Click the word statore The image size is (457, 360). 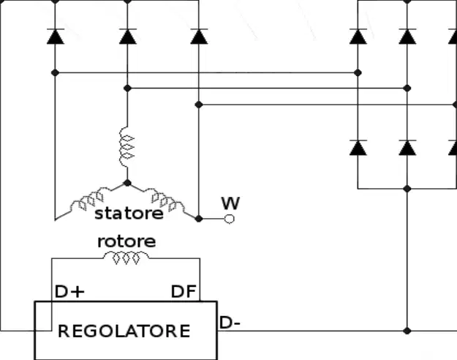[x=129, y=214]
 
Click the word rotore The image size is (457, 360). [x=126, y=241]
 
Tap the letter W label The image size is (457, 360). [x=230, y=203]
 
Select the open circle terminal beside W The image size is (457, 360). [x=230, y=219]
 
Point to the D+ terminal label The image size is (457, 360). [x=69, y=291]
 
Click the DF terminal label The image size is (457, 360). [x=184, y=291]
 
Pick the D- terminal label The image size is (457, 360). [x=230, y=323]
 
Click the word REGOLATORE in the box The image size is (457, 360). [x=124, y=331]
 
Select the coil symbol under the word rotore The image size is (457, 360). [x=126, y=258]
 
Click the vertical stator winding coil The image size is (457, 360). [x=127, y=147]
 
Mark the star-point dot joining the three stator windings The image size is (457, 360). [x=127, y=183]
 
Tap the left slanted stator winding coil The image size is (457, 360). [x=88, y=199]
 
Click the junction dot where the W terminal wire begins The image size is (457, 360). [x=198, y=219]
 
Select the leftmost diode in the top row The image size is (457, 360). [x=55, y=36]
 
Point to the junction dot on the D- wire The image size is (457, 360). [x=407, y=331]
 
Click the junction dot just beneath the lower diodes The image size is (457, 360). [x=407, y=189]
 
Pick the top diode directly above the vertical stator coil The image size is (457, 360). [x=127, y=36]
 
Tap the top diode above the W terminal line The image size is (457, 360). [x=199, y=36]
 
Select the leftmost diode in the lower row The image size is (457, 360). [x=358, y=147]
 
